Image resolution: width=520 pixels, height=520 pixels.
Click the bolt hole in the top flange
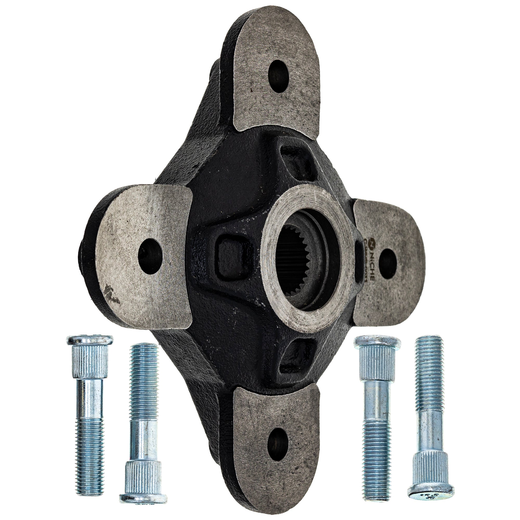[279, 76]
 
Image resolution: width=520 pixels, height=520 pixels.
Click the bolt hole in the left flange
[150, 252]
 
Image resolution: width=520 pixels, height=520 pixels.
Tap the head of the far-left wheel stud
[90, 340]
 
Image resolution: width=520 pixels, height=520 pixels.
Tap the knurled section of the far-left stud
[90, 361]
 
